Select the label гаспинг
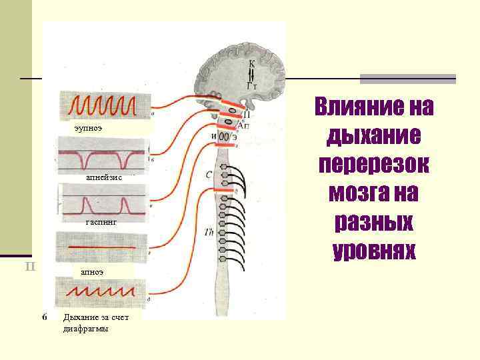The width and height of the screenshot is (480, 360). tap(102, 225)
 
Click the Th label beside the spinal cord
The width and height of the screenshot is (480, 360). tap(209, 231)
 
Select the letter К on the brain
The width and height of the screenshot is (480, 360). tap(252, 63)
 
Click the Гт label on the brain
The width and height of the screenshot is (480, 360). tap(251, 85)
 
